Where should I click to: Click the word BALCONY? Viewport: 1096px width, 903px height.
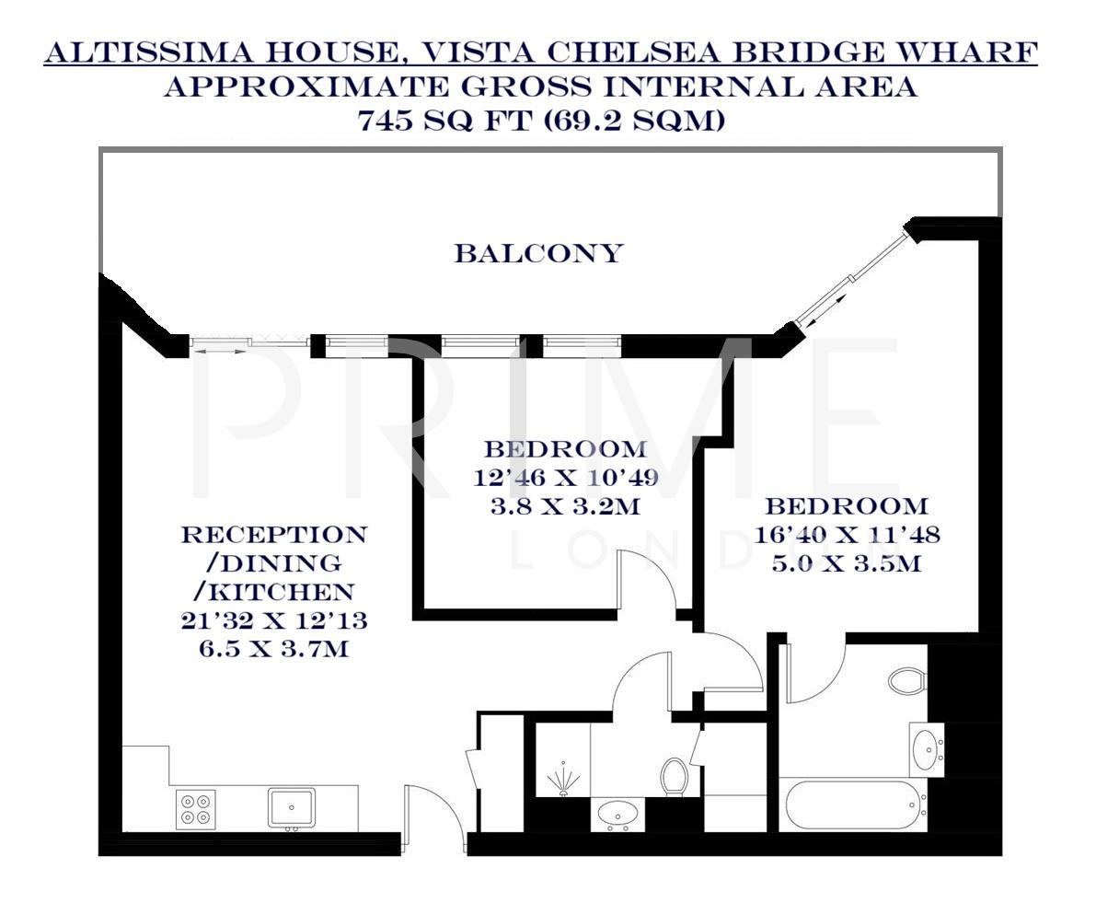tap(538, 253)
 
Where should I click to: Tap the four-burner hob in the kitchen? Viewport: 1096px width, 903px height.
tap(196, 808)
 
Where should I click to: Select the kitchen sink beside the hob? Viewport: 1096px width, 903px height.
tap(291, 807)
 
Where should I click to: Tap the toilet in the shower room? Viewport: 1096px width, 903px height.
tap(675, 776)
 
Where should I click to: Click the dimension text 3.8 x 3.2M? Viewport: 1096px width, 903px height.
tap(565, 506)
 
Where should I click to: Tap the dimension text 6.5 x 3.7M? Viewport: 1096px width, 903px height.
tap(273, 648)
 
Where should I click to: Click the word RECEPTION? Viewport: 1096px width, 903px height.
tap(273, 535)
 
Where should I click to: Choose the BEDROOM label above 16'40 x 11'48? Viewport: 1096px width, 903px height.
tap(847, 506)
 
